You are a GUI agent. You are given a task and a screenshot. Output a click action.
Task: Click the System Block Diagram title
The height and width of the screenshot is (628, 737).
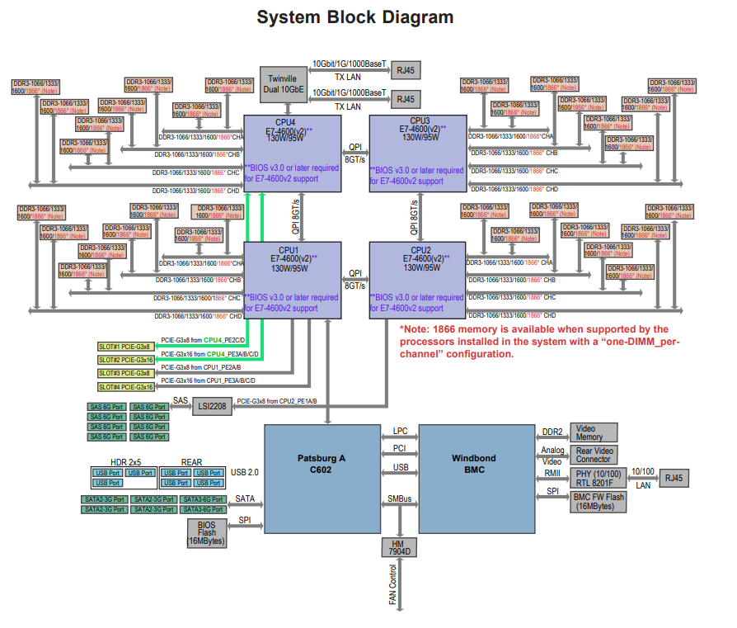tap(355, 17)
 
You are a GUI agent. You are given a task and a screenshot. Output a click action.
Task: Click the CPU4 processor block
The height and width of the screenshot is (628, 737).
tap(293, 153)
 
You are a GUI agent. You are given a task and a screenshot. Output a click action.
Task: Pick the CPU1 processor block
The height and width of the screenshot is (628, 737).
tap(293, 280)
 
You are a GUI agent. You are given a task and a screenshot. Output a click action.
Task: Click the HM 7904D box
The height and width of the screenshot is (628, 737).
tap(399, 547)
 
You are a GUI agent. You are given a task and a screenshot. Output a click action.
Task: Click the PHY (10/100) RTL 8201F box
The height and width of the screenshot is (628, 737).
tap(599, 478)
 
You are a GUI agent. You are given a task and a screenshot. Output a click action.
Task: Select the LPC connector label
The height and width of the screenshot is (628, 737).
tap(400, 432)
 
